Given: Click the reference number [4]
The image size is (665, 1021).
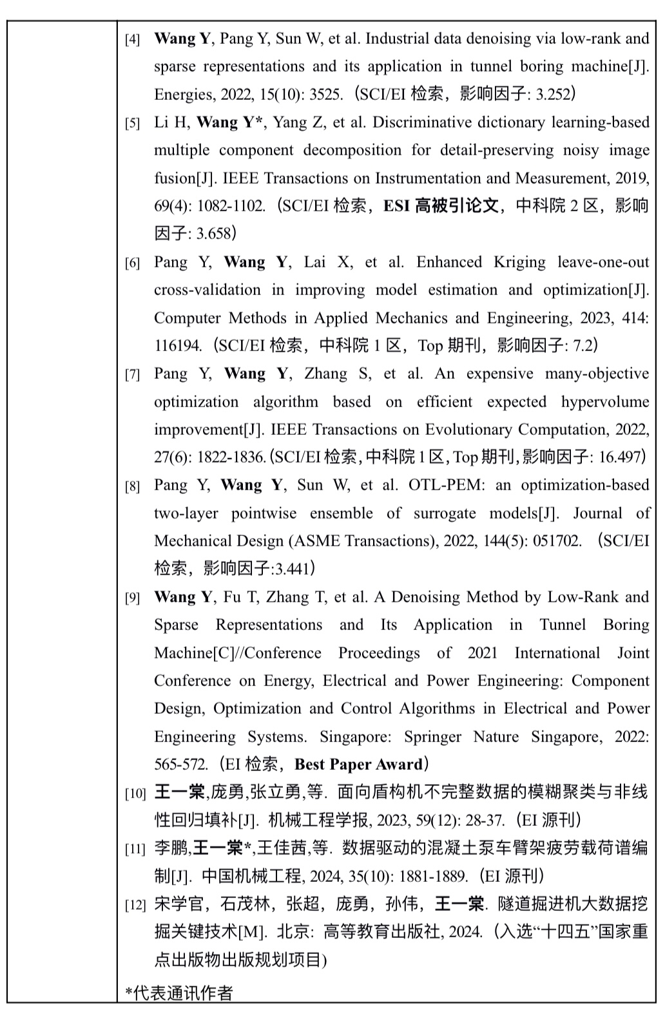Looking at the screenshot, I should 132,40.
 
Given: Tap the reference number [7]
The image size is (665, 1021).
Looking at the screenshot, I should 132,375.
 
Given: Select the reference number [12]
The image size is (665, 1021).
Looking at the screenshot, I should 135,905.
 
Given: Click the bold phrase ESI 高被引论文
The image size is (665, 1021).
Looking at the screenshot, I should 441,206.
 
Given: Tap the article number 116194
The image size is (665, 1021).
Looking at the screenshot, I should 178,346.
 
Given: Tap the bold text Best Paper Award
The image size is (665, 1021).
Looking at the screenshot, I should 358,765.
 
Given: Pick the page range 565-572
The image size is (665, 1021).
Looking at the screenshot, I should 180,765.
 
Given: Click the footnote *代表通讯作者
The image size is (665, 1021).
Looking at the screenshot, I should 178,993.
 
